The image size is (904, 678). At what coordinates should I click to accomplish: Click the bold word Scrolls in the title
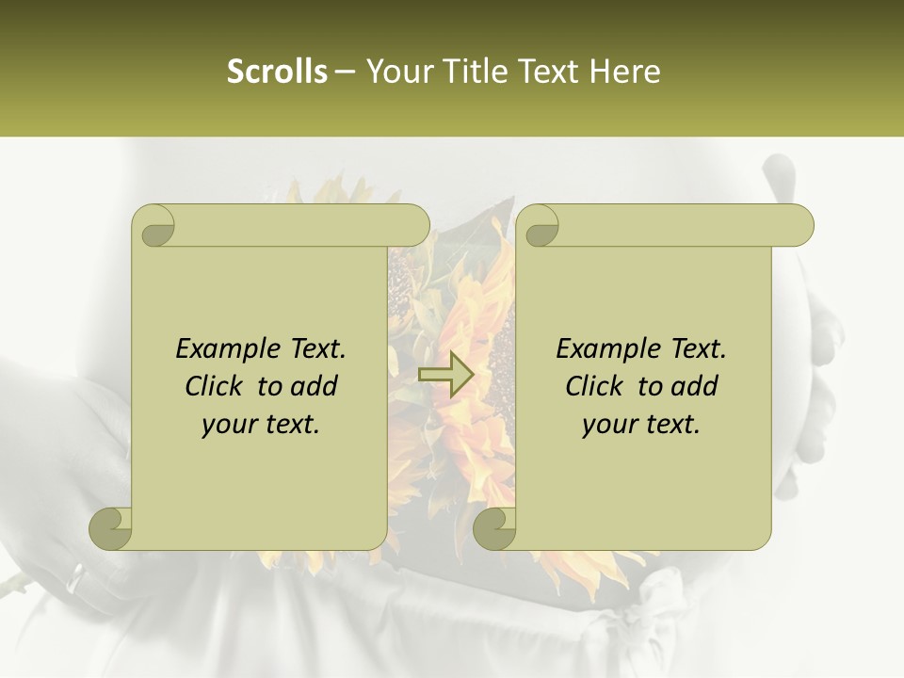pos(277,72)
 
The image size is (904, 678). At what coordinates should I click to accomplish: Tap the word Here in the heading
pos(624,72)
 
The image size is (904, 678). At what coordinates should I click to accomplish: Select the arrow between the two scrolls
pos(445,373)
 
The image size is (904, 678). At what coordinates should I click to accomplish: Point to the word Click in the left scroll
pos(216,386)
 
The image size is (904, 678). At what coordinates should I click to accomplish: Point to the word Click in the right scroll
pos(596,386)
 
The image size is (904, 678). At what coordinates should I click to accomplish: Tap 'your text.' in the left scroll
pos(261,425)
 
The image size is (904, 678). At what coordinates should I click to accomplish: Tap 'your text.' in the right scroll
pos(641,425)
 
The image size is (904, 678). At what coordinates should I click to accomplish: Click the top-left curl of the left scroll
pos(154,227)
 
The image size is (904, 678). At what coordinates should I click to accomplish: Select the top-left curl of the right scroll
pos(539,227)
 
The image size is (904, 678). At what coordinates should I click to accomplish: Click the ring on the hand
pos(75,577)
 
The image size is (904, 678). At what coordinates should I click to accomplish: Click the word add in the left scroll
pos(315,386)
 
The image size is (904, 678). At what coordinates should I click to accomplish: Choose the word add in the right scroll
pos(696,386)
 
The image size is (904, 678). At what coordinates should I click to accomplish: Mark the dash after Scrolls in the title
pos(346,73)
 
